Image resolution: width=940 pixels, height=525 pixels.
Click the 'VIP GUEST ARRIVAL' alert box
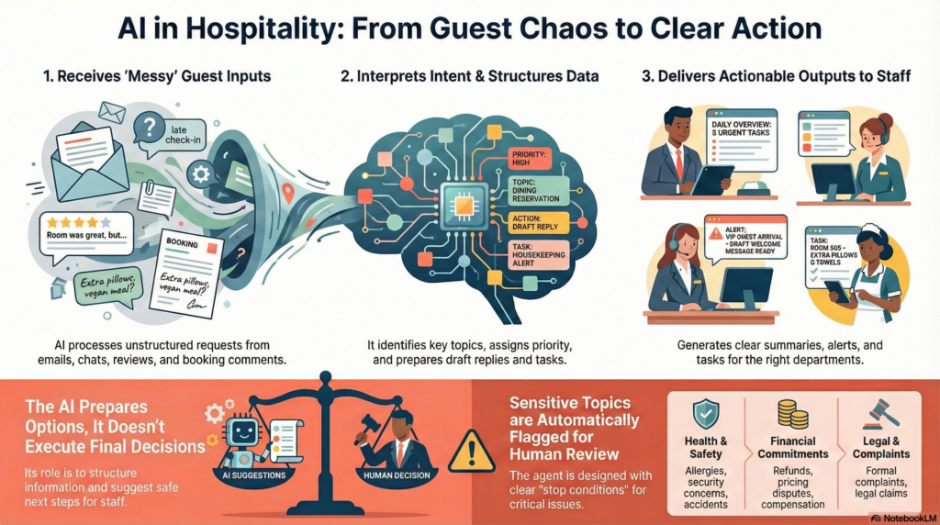coord(744,235)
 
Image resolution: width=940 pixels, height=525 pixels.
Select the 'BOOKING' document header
coord(182,246)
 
